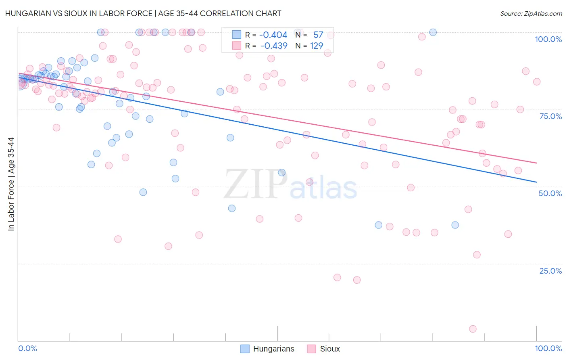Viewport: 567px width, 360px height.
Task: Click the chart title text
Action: point(143,13)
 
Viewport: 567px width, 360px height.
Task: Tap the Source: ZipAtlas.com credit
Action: point(531,13)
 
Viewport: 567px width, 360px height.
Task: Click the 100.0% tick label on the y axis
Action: point(548,39)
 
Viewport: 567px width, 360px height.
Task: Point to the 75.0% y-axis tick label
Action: point(550,116)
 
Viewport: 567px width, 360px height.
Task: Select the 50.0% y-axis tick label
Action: point(550,193)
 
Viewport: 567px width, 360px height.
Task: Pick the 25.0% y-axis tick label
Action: point(550,270)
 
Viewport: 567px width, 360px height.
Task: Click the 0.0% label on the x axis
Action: point(27,348)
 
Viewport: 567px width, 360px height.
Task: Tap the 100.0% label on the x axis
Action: point(548,348)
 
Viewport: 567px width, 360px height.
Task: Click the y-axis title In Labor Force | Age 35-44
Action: point(11,184)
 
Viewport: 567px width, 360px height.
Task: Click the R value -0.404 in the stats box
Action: point(273,35)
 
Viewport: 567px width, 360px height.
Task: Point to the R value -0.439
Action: point(273,46)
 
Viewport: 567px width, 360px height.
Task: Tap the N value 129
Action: point(316,46)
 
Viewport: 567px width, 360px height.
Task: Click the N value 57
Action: point(318,35)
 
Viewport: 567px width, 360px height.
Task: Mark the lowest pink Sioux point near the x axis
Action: point(473,329)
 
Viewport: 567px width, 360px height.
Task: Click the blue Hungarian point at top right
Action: point(433,32)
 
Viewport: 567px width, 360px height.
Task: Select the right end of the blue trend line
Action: point(536,182)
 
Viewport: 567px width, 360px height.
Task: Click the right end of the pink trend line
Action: point(536,163)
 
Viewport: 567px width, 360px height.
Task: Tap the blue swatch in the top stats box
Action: point(236,35)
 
